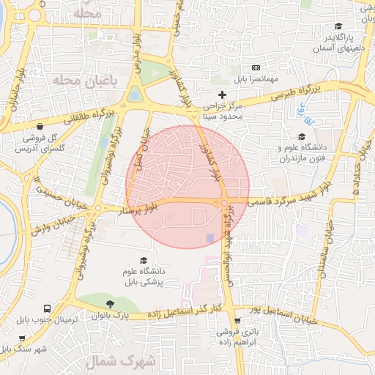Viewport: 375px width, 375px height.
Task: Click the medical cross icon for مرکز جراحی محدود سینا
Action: pyautogui.click(x=223, y=95)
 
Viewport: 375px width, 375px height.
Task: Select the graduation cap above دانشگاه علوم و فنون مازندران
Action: pyautogui.click(x=301, y=135)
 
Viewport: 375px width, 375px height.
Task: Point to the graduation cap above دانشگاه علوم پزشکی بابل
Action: pyautogui.click(x=144, y=261)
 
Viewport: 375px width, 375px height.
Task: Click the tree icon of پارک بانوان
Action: pyautogui.click(x=110, y=304)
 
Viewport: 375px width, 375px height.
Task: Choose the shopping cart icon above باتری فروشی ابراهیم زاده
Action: pyautogui.click(x=237, y=322)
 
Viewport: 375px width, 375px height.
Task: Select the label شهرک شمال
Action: pyautogui.click(x=122, y=362)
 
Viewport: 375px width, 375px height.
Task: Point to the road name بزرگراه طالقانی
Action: pyautogui.click(x=89, y=115)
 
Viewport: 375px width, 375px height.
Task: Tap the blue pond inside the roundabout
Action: pyautogui.click(x=135, y=94)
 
